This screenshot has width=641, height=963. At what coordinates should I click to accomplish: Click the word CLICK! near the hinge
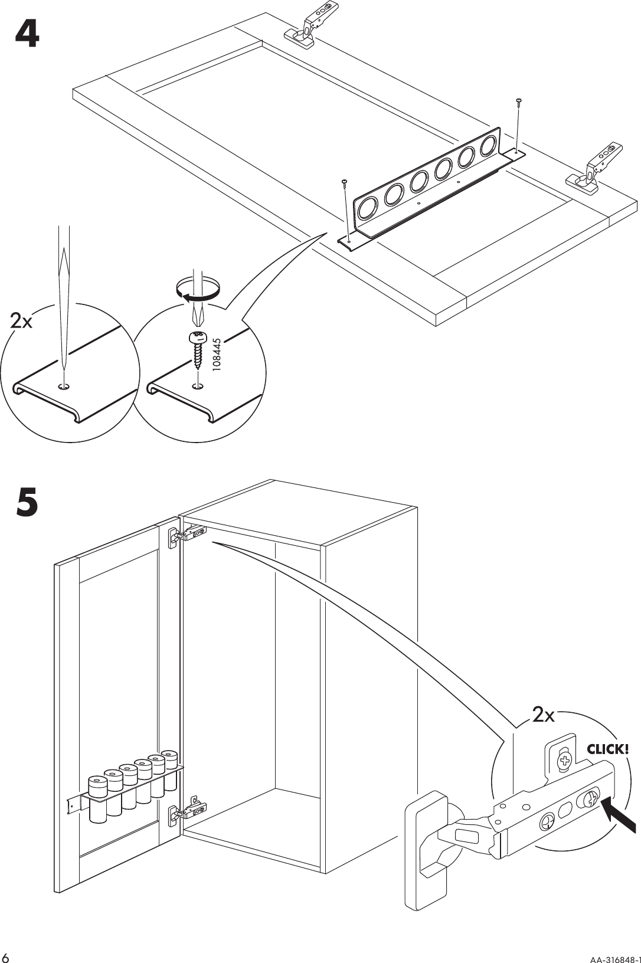tap(607, 749)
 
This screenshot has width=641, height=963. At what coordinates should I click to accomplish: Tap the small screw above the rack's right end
tap(518, 101)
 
